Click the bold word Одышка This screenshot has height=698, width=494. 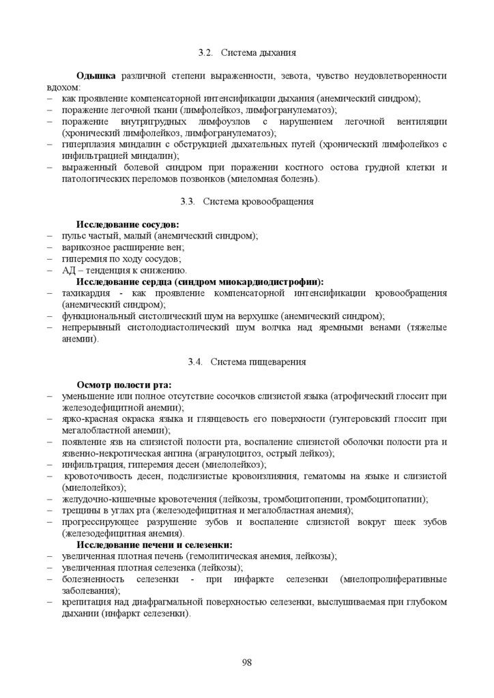tap(96, 76)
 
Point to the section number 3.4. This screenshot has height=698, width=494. tap(196, 361)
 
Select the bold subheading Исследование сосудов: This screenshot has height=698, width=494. tap(128, 224)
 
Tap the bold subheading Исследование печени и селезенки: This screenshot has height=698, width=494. tap(154, 545)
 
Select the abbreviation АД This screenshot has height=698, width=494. tap(68, 270)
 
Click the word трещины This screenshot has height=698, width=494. tap(78, 511)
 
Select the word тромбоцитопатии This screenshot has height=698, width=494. tap(390, 499)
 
